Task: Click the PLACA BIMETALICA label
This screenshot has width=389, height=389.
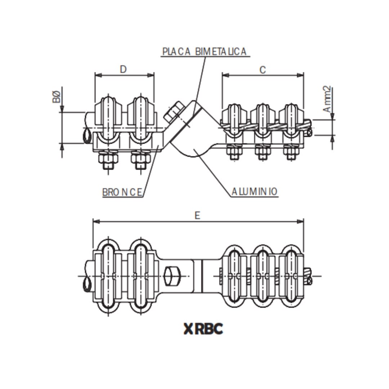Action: (x=204, y=52)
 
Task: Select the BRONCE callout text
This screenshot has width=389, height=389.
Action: (x=122, y=192)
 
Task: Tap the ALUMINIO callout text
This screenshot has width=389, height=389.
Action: (x=254, y=192)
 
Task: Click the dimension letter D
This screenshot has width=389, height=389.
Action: (x=123, y=69)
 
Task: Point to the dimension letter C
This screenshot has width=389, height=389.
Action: (x=263, y=70)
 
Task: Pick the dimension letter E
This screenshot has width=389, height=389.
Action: (x=197, y=215)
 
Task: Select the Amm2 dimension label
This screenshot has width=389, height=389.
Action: (x=327, y=99)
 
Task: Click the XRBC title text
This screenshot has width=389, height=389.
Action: (x=203, y=328)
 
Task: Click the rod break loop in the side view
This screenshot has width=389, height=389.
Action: (x=87, y=136)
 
